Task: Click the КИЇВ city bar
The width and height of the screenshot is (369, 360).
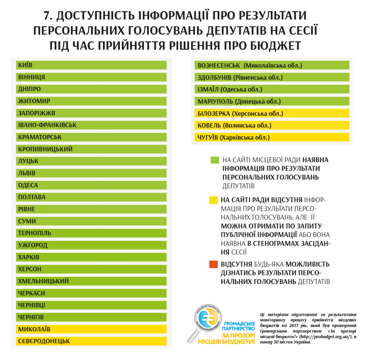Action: (91, 65)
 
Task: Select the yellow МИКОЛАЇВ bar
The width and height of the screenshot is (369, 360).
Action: (91, 329)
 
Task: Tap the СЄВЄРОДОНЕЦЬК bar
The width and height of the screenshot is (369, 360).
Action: (91, 341)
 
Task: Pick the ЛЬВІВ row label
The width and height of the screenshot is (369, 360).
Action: (27, 173)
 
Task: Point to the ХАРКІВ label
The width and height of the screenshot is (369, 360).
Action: (29, 257)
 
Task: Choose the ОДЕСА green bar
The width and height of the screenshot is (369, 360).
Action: (91, 185)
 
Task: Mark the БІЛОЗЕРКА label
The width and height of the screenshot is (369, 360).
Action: (214, 114)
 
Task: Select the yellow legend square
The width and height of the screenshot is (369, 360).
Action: (213, 200)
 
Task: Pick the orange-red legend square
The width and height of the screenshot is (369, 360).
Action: (213, 265)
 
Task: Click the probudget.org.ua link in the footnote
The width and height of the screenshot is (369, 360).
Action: (323, 337)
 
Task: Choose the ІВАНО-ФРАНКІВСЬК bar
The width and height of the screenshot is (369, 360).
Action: (91, 125)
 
